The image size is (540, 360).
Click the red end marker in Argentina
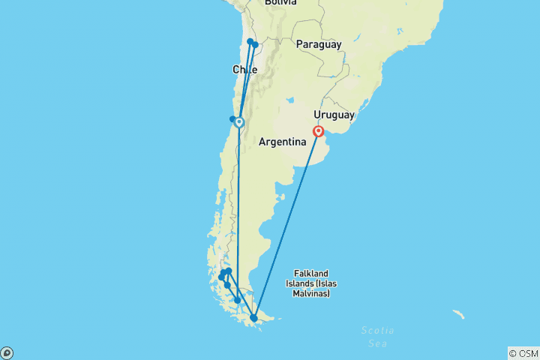319,132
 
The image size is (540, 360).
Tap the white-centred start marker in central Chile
239,122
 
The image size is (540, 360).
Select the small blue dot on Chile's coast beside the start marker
232,119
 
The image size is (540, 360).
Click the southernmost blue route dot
254,318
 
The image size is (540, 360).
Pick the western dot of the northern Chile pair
250,42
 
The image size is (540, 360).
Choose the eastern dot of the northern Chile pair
256,45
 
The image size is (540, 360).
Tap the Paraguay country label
319,44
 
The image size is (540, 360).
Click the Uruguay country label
334,115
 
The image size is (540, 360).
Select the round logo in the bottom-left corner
7,352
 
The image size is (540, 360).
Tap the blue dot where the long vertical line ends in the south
238,300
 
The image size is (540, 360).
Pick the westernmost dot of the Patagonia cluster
221,277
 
